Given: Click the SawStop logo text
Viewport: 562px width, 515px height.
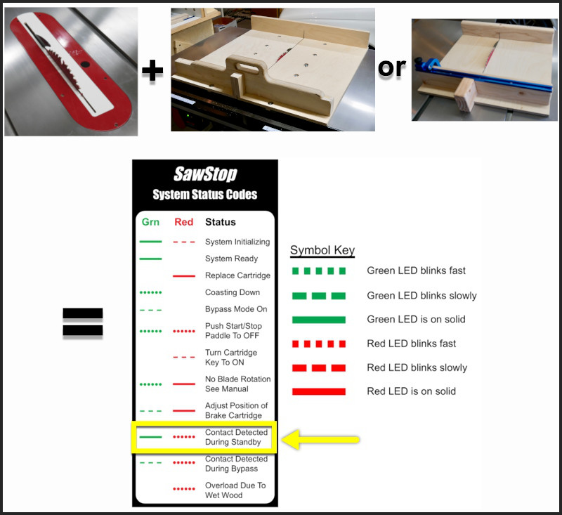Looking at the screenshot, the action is [205, 174].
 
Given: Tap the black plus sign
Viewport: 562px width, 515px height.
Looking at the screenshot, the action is [152, 70].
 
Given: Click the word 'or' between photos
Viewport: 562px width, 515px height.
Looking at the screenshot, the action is [392, 67].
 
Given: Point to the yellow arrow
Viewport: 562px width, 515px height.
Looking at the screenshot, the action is [321, 439].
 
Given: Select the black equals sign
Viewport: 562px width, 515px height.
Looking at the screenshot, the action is [83, 322].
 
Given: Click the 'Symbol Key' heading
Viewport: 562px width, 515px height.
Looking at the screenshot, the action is [322, 250].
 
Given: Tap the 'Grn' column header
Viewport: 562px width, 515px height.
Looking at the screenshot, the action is [150, 222].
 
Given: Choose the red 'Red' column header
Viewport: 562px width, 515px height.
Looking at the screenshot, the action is [183, 222].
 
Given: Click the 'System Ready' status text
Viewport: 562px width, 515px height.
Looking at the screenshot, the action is [231, 259].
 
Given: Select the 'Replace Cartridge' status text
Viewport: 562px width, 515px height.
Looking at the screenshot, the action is [237, 275].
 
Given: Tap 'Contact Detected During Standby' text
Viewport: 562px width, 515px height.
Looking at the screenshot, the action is [236, 437].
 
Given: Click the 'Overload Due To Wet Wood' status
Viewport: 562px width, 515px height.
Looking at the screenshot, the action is [235, 490].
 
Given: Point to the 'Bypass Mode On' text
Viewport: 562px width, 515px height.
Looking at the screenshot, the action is [236, 309].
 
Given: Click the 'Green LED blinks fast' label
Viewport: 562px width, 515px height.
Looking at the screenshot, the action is [416, 270].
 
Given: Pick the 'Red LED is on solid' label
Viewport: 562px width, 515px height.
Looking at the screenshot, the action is [412, 391].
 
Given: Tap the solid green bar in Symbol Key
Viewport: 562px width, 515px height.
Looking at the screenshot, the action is [319, 320].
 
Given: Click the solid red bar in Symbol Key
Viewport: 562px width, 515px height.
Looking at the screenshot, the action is [319, 391].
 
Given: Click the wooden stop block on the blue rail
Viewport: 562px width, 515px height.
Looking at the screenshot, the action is [465, 96].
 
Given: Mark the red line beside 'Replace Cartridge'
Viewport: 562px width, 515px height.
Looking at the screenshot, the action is [184, 276].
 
